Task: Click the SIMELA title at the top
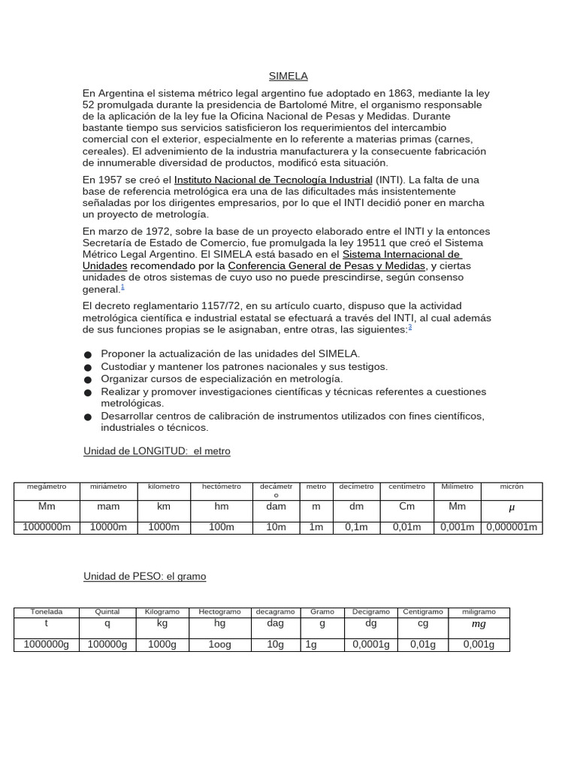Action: [288, 76]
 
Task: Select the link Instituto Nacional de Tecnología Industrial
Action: [273, 180]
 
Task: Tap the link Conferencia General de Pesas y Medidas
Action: [327, 266]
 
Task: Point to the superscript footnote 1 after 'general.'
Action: [123, 287]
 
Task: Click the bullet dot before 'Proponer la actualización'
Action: [88, 354]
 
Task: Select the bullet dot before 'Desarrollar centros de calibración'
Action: [88, 417]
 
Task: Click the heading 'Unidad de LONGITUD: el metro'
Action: [156, 451]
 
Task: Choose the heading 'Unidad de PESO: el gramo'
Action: [144, 576]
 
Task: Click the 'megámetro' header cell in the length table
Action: [47, 487]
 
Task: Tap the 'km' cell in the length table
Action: [164, 507]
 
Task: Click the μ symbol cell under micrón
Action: [512, 508]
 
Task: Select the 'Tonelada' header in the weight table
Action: [47, 612]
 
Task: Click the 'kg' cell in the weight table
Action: [162, 624]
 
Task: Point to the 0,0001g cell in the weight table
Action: [371, 644]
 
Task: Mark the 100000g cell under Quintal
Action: [107, 644]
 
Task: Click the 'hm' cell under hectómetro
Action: [222, 507]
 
